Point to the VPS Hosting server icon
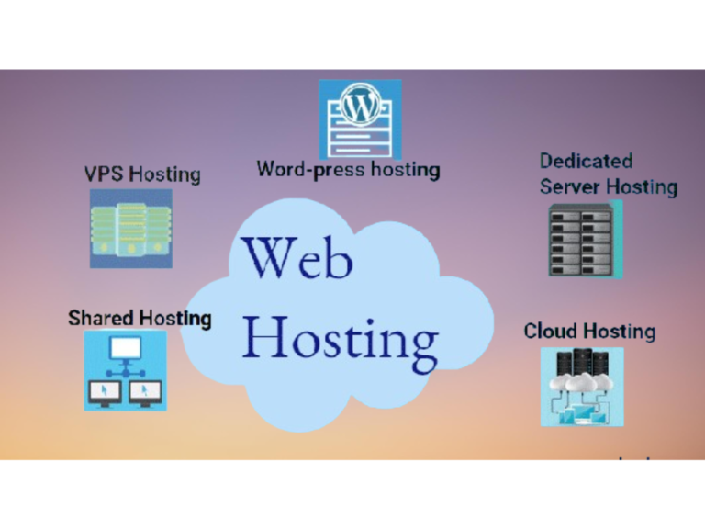130,229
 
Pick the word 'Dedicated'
586,162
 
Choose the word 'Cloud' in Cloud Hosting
551,331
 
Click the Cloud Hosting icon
581,386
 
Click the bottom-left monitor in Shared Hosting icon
104,392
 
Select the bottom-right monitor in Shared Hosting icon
146,392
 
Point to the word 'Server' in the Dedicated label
569,186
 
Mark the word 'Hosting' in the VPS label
166,174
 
